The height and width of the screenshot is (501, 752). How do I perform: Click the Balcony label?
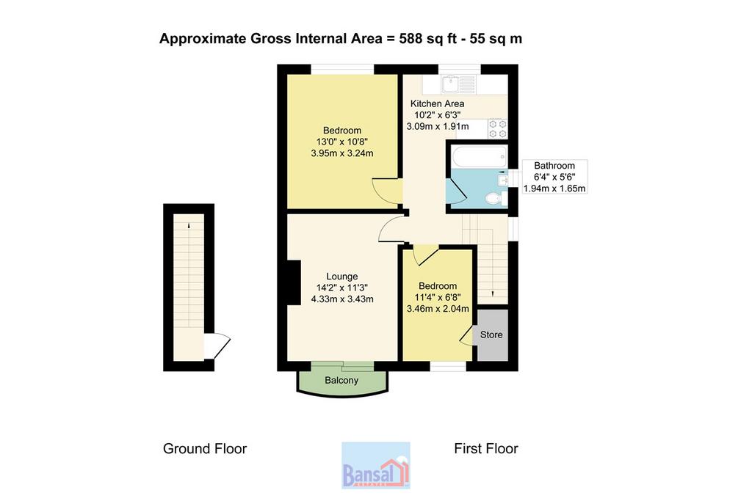[x=341, y=380]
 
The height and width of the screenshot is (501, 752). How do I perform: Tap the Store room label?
[x=491, y=334]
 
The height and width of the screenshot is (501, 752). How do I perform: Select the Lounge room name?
[x=342, y=277]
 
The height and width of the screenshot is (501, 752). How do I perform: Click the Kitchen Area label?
[x=437, y=103]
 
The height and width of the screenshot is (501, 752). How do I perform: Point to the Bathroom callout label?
[x=554, y=166]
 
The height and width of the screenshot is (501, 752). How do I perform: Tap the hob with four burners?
[x=497, y=128]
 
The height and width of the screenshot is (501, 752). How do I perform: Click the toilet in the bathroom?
[x=494, y=198]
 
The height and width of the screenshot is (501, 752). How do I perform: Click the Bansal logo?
[x=375, y=466]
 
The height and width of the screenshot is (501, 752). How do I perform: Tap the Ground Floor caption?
[x=205, y=449]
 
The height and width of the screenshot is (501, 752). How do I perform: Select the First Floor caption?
[x=486, y=449]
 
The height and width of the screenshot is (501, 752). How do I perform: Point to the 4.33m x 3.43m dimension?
[x=342, y=299]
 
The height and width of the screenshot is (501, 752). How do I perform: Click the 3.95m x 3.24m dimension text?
[x=342, y=153]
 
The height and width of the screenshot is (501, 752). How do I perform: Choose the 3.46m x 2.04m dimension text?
[x=438, y=309]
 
